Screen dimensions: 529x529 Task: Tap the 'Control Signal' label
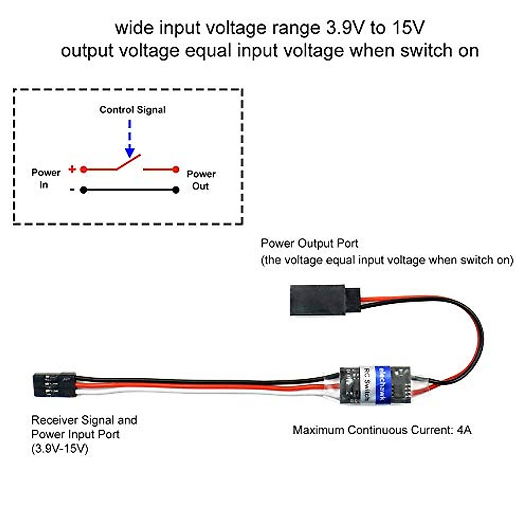click(x=132, y=110)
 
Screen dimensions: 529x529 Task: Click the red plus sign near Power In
click(x=72, y=169)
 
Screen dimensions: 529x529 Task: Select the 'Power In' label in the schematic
click(x=45, y=179)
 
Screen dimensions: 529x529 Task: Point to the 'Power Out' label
click(x=201, y=180)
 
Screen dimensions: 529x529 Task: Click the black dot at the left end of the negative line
click(x=83, y=190)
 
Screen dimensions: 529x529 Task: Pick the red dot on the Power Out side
click(x=176, y=169)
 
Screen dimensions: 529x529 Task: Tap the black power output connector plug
click(x=325, y=300)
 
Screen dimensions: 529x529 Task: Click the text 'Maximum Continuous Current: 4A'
click(x=382, y=430)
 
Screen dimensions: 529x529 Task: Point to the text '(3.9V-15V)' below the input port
click(x=60, y=449)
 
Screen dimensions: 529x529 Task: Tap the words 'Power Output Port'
click(x=309, y=243)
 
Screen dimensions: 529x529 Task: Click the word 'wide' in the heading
click(x=134, y=28)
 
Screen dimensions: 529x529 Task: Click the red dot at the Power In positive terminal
click(x=83, y=169)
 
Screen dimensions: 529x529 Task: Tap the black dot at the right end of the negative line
click(x=176, y=190)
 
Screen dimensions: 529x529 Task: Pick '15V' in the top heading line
click(x=408, y=28)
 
